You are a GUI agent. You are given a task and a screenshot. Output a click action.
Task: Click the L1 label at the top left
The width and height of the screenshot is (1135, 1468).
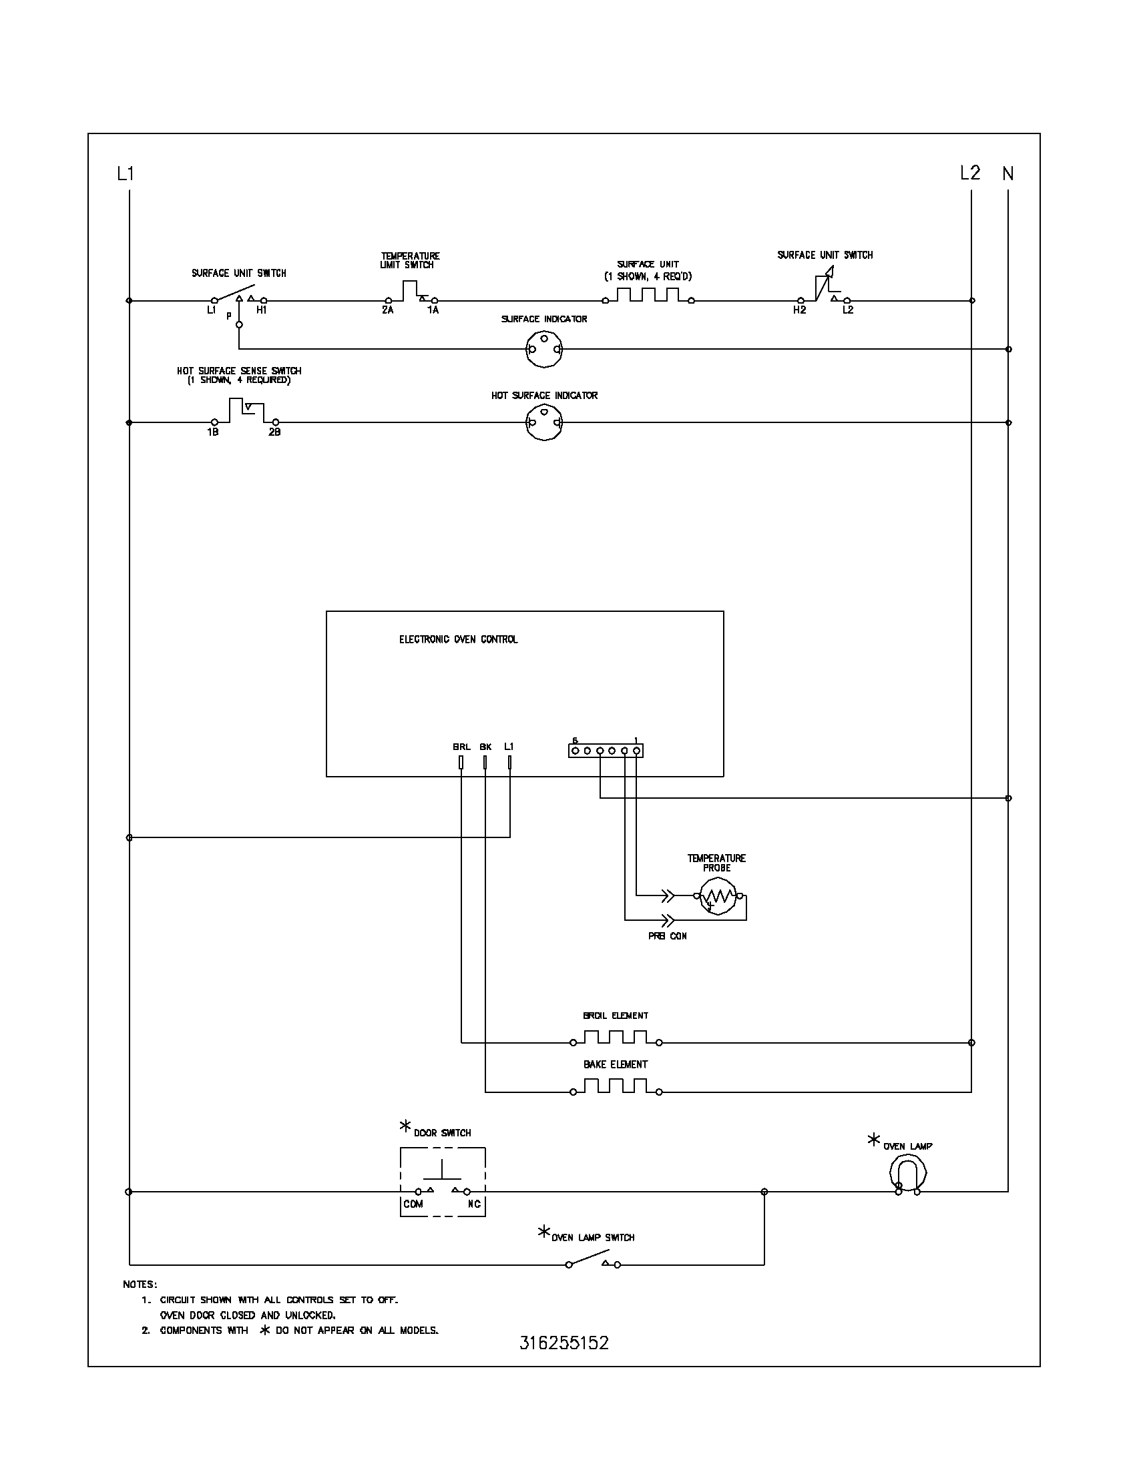(126, 174)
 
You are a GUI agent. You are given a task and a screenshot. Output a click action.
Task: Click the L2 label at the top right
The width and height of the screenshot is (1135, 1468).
(969, 173)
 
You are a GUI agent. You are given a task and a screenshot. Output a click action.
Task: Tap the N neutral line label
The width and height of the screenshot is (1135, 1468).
(1007, 174)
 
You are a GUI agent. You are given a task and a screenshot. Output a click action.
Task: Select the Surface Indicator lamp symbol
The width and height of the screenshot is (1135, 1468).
(543, 349)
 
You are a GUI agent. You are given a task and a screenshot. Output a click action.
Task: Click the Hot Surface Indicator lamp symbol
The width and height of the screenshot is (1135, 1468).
(543, 423)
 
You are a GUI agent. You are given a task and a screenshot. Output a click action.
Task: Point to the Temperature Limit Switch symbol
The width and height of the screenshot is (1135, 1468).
(411, 294)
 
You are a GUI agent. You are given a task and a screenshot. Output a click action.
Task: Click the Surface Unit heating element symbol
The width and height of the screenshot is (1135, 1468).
(648, 295)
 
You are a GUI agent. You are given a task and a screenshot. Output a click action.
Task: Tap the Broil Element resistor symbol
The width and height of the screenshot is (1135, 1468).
(616, 1037)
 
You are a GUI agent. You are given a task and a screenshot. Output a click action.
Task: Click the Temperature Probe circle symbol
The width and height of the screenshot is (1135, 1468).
(717, 896)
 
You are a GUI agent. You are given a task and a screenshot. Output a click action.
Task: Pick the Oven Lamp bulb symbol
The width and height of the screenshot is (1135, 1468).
(908, 1174)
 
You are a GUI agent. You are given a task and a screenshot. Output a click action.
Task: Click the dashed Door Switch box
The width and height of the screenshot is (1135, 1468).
(443, 1182)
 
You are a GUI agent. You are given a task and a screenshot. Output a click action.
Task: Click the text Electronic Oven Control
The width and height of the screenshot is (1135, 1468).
(458, 639)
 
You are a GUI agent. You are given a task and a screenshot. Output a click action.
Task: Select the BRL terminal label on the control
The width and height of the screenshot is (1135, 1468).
(461, 747)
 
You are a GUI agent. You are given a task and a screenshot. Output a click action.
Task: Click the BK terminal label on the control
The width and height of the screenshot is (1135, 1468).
(485, 747)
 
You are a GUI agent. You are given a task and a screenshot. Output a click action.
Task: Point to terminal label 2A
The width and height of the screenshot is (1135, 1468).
(387, 310)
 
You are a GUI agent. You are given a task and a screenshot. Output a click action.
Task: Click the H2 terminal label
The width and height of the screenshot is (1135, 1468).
(799, 310)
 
